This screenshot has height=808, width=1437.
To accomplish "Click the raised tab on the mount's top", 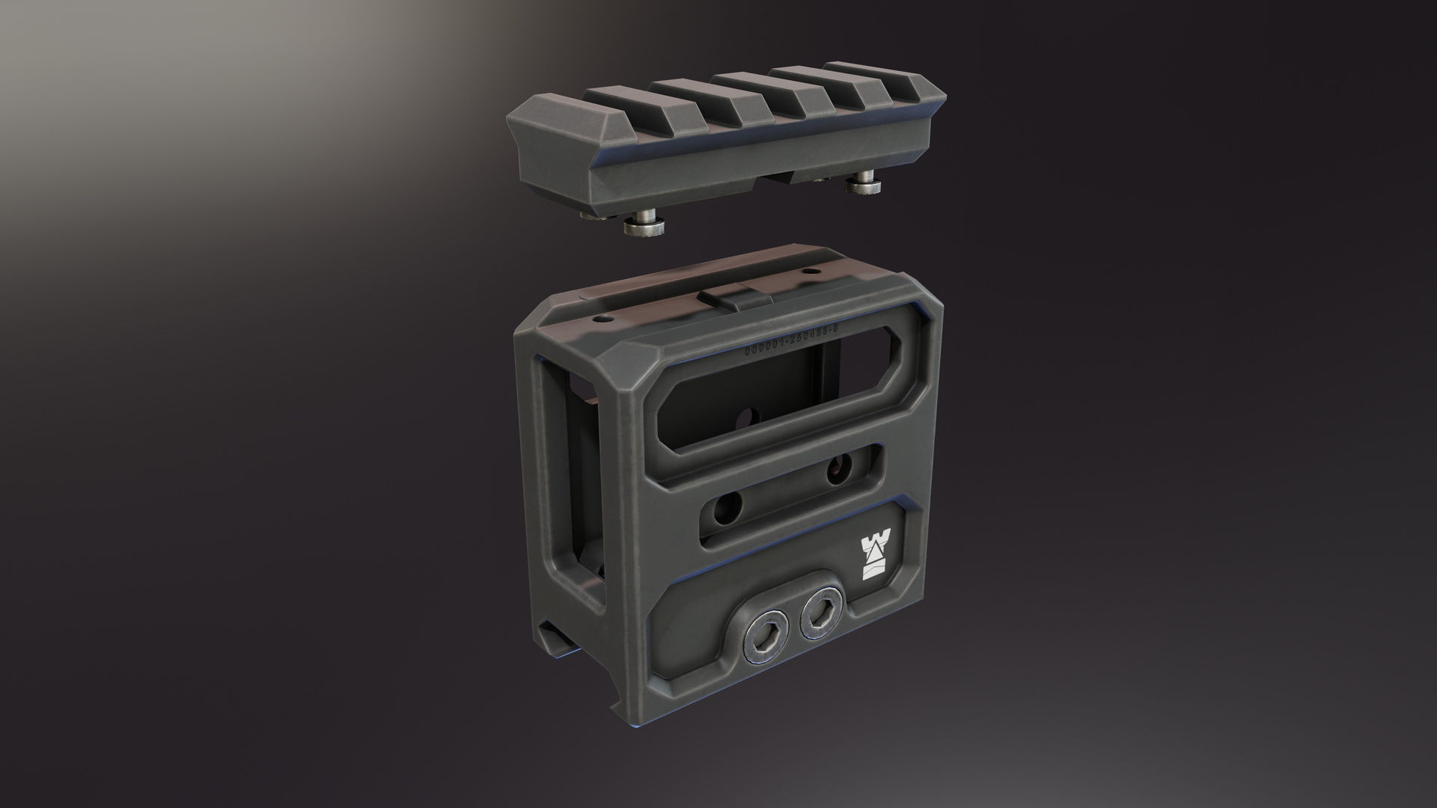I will [x=731, y=299].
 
